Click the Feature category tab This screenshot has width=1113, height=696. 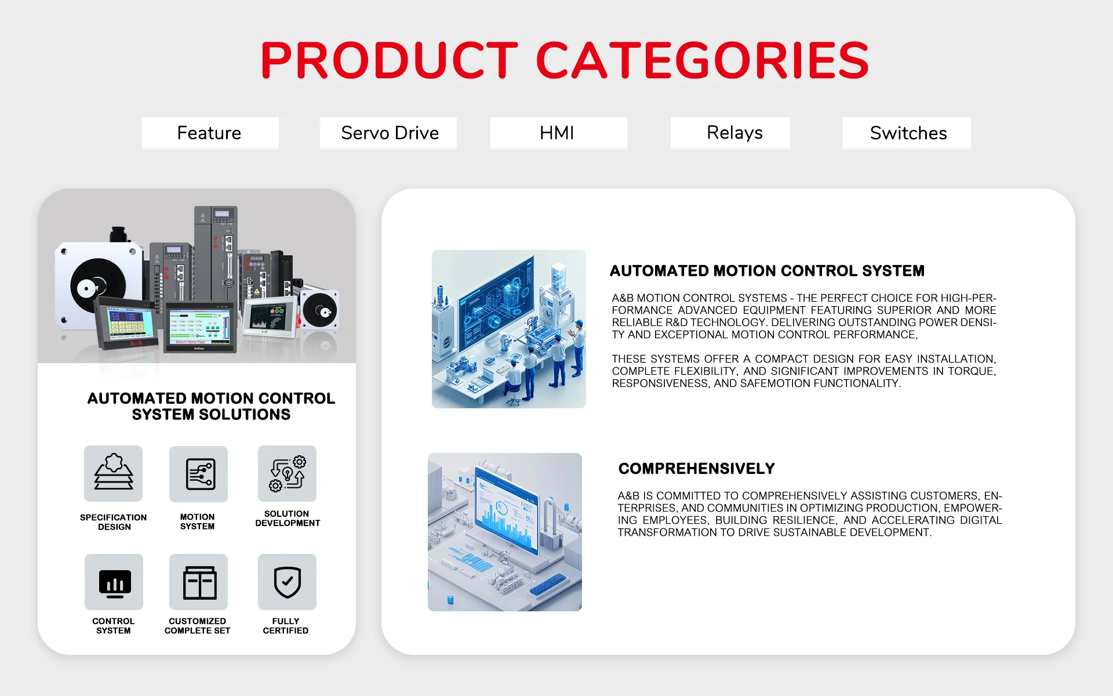click(210, 133)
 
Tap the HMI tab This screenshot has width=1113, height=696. click(558, 133)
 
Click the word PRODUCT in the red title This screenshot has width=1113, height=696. click(389, 60)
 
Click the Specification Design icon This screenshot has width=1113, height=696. click(113, 473)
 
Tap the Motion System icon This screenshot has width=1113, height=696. click(198, 473)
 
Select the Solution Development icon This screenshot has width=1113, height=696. click(287, 473)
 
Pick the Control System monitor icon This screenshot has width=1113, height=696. click(114, 582)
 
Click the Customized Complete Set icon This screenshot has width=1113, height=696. click(198, 582)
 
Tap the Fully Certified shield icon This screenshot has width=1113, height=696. click(287, 582)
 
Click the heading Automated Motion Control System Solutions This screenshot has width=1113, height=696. click(211, 406)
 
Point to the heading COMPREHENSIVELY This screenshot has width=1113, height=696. click(696, 469)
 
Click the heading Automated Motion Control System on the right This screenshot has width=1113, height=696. click(767, 271)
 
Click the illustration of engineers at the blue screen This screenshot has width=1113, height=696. click(509, 329)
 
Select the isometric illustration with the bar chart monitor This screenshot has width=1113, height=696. click(505, 532)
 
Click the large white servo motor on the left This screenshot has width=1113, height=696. click(99, 284)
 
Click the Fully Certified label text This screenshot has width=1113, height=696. click(286, 626)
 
